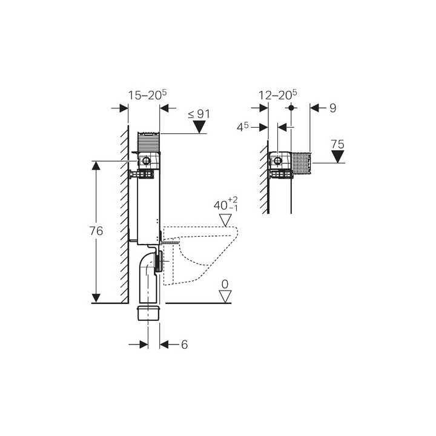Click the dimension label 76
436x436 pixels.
pos(96,231)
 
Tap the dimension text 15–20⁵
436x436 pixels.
pos(147,95)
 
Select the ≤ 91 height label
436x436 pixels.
pos(199,114)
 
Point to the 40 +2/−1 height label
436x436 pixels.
pos(225,205)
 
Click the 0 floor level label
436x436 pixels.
pos(225,285)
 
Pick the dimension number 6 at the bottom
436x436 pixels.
pos(184,345)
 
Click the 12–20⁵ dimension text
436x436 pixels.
pos(278,95)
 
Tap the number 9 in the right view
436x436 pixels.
pos(333,108)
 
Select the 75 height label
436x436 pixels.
pos(337,144)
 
